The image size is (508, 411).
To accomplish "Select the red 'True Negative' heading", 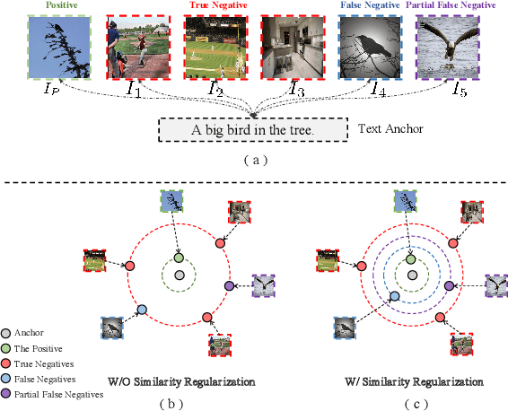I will [213, 5].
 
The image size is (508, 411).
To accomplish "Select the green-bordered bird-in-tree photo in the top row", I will [54, 46].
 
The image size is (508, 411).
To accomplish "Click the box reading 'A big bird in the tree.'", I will [253, 130].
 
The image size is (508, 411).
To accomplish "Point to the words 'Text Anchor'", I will [390, 129].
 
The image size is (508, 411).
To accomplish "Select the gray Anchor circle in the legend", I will [7, 332].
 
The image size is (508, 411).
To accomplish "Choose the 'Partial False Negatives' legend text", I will [59, 393].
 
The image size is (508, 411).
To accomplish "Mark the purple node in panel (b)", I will [229, 285].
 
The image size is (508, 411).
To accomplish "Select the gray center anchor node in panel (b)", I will [180, 274].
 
